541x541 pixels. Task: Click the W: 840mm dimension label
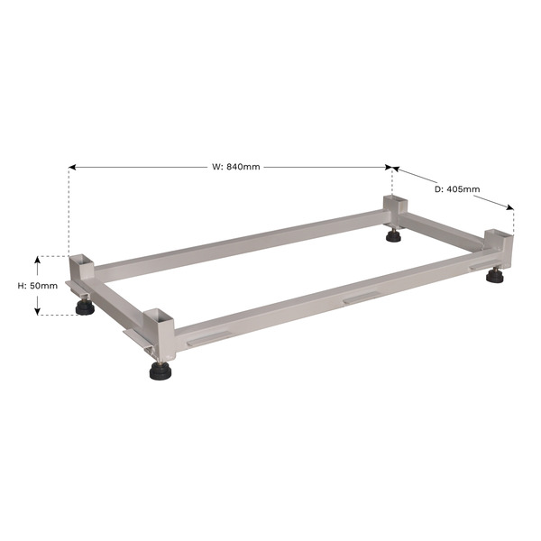point(236,167)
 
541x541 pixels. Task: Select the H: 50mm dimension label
point(38,286)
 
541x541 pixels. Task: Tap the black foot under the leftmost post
point(86,307)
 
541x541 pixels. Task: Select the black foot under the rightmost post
point(494,276)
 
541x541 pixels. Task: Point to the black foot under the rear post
point(394,236)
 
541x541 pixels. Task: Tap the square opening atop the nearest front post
point(159,315)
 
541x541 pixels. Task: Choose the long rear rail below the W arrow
point(243,242)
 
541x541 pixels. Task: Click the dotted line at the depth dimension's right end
point(513,221)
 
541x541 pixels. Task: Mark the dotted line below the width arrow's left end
point(69,212)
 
